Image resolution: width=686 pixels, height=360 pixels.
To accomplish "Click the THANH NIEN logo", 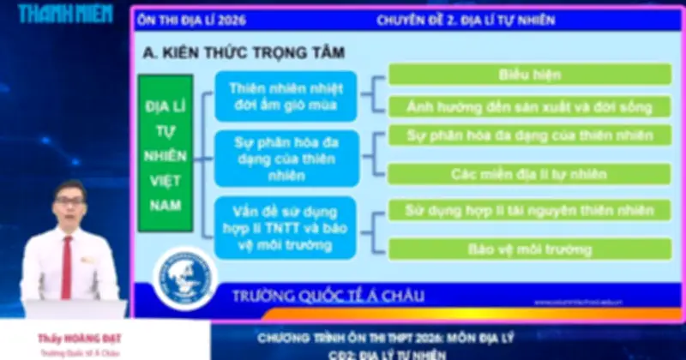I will pos(65,14).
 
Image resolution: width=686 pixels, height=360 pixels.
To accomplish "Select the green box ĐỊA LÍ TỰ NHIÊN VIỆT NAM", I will pos(165,153).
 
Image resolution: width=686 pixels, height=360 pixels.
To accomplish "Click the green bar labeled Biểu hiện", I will pos(529,75).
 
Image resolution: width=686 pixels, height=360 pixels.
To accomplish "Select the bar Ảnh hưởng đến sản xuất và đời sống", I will pos(529,107).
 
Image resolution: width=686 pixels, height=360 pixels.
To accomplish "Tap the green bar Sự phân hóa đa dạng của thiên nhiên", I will pos(529,135).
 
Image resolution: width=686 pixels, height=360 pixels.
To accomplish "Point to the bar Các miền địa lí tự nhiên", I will pos(529,173).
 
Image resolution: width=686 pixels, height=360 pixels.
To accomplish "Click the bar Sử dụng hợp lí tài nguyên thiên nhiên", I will pos(529,210).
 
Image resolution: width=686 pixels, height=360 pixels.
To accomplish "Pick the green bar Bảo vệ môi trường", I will pos(529,249).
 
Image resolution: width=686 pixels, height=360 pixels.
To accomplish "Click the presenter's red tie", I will pos(67,265).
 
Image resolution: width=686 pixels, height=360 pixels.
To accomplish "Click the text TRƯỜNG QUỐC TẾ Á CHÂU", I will pos(328,297).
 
